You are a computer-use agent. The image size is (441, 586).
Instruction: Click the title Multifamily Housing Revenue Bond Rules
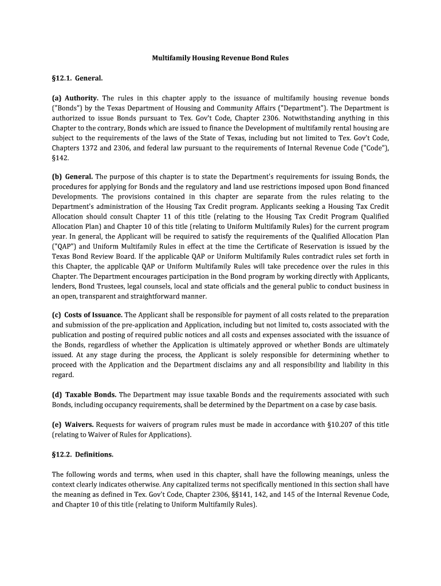pyautogui.click(x=220, y=58)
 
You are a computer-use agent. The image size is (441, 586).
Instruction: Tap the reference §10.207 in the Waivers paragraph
pyautogui.click(x=342, y=424)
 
